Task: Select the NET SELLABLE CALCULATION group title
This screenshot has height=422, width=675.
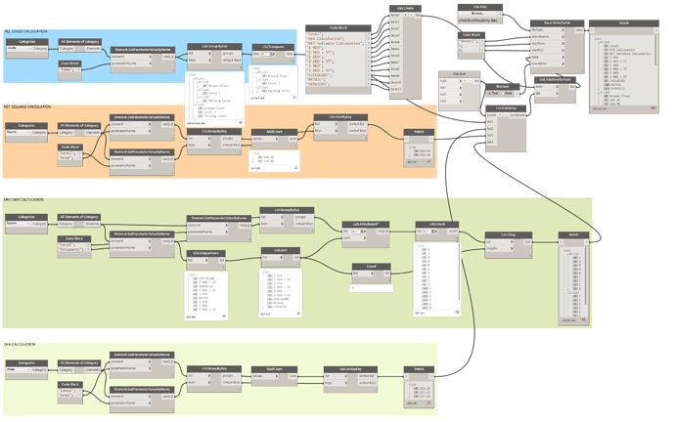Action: pyautogui.click(x=29, y=107)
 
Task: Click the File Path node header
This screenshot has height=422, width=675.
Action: pyautogui.click(x=473, y=6)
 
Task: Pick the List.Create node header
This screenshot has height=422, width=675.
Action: pyautogui.click(x=403, y=7)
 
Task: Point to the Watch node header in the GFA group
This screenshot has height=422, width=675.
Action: pyautogui.click(x=418, y=369)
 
